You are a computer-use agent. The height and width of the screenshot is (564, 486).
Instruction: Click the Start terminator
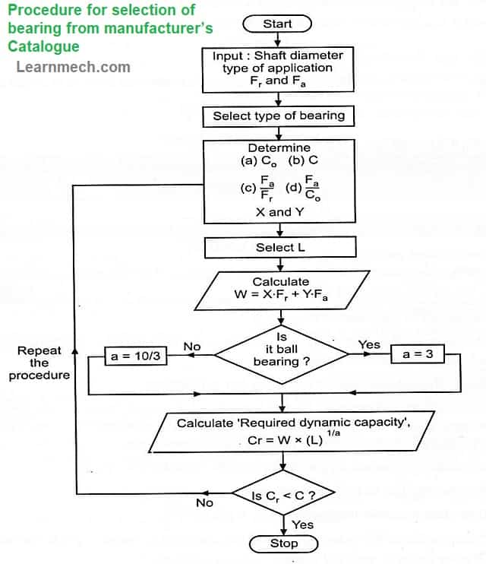tap(278, 24)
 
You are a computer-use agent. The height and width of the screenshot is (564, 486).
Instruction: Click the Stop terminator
tap(284, 543)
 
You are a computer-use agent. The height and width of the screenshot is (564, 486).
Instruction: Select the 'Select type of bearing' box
tap(279, 116)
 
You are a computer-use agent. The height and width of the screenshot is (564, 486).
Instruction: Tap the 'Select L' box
tap(280, 247)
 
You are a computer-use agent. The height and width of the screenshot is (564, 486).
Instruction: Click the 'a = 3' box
tap(417, 355)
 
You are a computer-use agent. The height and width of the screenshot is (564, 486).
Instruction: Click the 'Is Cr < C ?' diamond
tap(283, 496)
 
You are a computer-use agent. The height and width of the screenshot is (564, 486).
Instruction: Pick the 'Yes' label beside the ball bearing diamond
tap(369, 345)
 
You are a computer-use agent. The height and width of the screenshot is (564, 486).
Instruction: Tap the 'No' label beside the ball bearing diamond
tap(192, 347)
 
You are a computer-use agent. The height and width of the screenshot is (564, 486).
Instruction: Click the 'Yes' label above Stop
tap(302, 524)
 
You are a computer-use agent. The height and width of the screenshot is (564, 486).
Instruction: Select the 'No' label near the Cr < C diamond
tap(204, 503)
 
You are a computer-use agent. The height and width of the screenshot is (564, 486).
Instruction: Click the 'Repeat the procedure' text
tap(39, 363)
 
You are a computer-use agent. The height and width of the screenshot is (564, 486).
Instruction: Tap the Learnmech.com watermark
tap(73, 67)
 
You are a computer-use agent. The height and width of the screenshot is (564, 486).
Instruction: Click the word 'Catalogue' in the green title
tap(43, 46)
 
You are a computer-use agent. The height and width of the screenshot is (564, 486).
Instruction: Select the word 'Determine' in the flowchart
tap(279, 147)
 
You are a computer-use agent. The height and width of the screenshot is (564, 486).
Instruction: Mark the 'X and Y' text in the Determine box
tap(279, 212)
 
